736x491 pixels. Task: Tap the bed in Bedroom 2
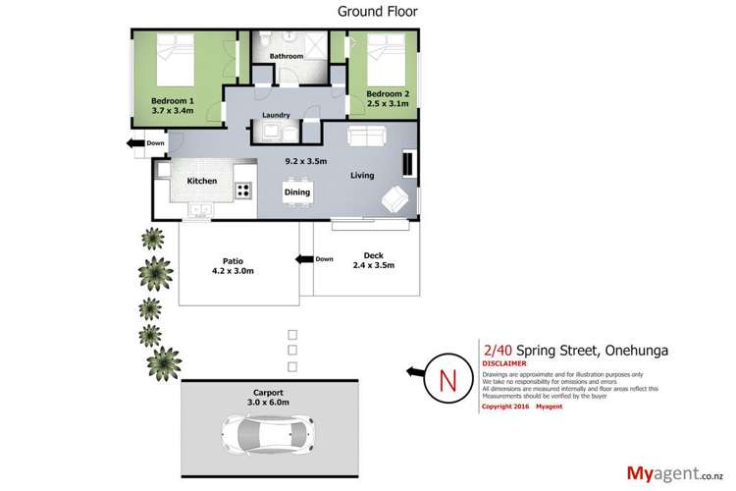[x=378, y=62]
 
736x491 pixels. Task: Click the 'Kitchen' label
[x=201, y=182]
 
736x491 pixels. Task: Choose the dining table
[x=297, y=191]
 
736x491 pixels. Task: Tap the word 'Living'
[x=363, y=176]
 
